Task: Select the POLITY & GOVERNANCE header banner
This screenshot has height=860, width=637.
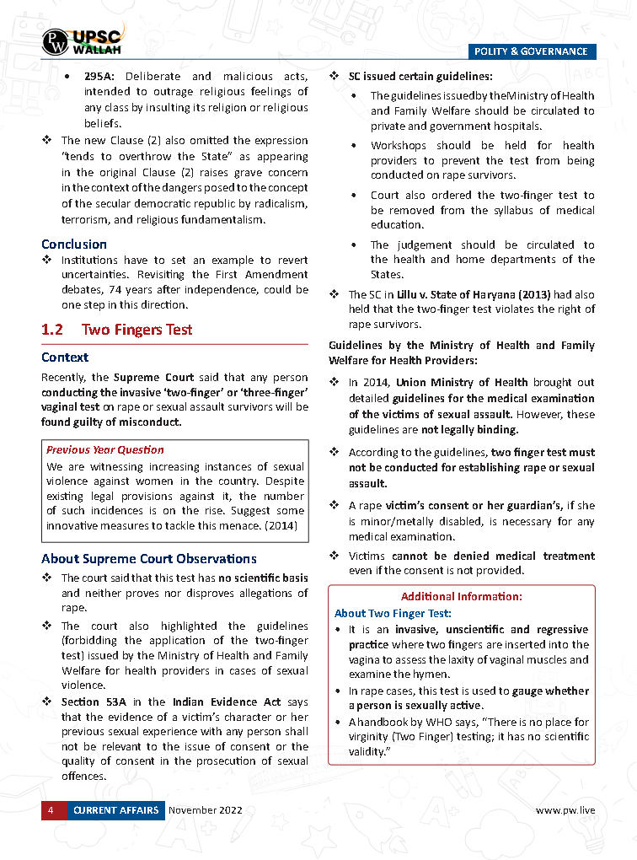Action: coord(531,51)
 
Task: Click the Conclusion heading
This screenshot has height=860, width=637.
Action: coord(74,245)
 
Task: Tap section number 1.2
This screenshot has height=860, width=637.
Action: coord(53,330)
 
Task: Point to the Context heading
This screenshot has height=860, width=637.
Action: coord(65,357)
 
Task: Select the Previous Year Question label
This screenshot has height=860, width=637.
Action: coord(105,450)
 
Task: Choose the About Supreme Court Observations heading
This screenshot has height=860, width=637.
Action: coord(149,558)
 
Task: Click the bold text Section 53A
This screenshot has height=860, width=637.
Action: coord(92,701)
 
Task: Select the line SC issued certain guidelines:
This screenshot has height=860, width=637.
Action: coord(421,77)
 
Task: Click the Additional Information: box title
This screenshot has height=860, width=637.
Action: coord(461,596)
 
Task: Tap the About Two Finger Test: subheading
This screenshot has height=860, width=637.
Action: coord(393,613)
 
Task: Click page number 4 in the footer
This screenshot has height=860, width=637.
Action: coord(51,810)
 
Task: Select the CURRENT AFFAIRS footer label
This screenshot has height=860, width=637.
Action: coord(115,810)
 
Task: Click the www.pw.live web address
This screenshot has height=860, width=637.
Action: coord(565,810)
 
